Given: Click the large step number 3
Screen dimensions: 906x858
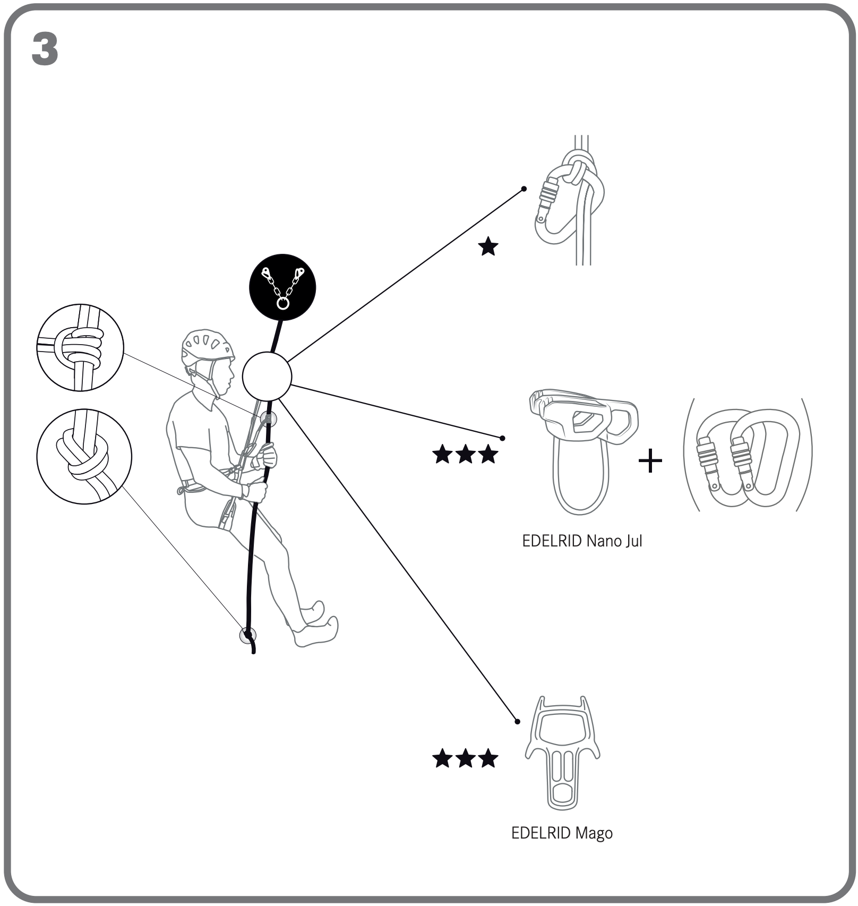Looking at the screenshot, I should [45, 48].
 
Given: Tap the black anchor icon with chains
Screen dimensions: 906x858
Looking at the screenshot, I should [282, 287].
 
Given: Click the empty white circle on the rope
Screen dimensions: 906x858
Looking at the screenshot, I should [267, 376].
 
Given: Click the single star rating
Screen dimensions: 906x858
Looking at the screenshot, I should [488, 247].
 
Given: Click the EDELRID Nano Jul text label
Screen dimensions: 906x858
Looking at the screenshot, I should [582, 541].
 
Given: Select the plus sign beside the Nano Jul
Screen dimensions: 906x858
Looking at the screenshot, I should [650, 460].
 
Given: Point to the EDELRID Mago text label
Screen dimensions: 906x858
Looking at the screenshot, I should [562, 833].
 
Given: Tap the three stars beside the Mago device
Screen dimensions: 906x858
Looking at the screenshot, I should [465, 758].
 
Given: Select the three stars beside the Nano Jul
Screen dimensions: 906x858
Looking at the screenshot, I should [465, 455].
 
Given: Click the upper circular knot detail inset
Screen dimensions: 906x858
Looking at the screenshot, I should [80, 348].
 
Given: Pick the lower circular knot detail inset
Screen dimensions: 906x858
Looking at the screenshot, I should [84, 456].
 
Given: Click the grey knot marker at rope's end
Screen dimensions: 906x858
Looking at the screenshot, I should [248, 635].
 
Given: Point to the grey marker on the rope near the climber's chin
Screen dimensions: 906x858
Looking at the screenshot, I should [269, 419].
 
